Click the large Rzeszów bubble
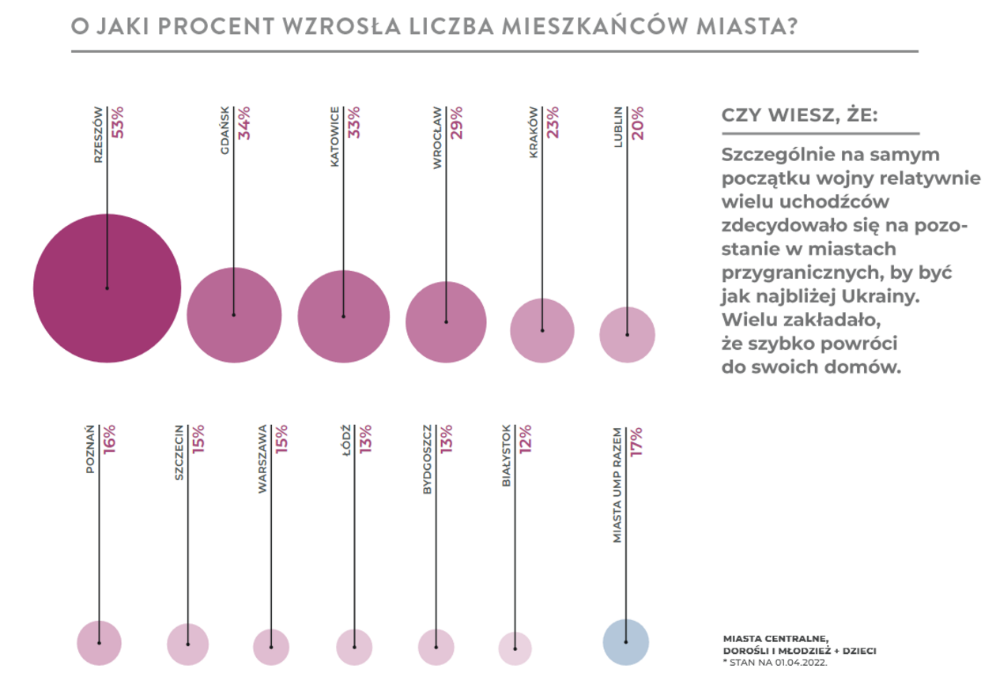pyautogui.click(x=107, y=288)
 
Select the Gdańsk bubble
pyautogui.click(x=234, y=314)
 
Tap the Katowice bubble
pyautogui.click(x=343, y=316)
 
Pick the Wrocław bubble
pyautogui.click(x=446, y=321)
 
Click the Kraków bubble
pyautogui.click(x=542, y=330)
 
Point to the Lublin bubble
pyautogui.click(x=628, y=335)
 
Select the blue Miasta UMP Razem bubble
pyautogui.click(x=626, y=641)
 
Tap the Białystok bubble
pyautogui.click(x=515, y=648)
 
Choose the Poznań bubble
pyautogui.click(x=100, y=643)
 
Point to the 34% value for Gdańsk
pyautogui.click(x=244, y=122)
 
